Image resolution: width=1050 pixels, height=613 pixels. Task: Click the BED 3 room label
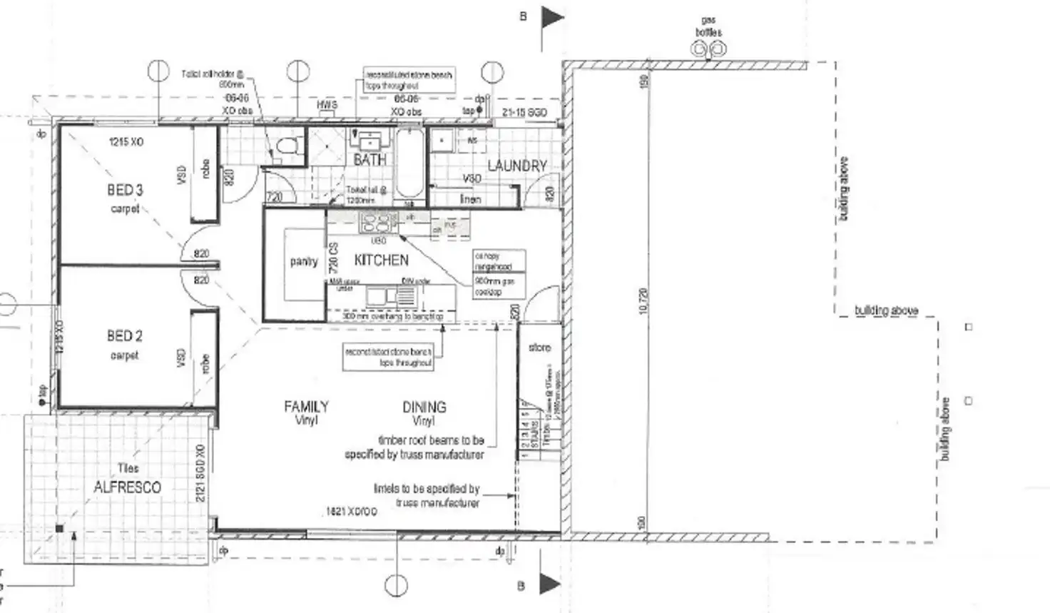point(125,190)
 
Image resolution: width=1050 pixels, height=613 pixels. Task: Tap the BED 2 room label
point(125,335)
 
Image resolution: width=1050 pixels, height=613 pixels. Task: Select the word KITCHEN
point(382,260)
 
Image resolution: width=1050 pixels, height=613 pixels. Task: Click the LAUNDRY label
point(516,166)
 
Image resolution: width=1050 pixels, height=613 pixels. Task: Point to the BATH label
point(370,160)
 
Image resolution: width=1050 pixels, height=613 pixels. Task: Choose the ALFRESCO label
point(128,487)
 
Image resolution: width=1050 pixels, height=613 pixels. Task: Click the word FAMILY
point(306,407)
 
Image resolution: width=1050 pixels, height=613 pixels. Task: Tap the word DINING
point(424,407)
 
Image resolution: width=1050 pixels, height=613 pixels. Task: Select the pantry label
point(304,262)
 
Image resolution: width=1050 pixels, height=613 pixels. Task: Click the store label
point(540,348)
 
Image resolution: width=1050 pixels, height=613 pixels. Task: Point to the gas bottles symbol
point(709,50)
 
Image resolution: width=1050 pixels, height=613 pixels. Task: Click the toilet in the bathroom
point(287,148)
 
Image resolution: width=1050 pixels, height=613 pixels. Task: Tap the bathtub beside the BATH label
point(409,161)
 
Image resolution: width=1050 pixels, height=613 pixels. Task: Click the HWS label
point(327,105)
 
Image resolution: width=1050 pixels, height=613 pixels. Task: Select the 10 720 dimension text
point(643,303)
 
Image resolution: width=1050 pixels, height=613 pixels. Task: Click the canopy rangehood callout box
point(499,260)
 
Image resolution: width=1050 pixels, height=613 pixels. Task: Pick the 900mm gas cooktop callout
point(499,286)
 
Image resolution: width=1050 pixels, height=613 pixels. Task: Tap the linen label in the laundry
point(470,199)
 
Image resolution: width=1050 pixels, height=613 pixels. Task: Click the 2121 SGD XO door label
point(200,472)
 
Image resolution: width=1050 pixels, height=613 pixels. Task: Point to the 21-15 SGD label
point(524,113)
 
